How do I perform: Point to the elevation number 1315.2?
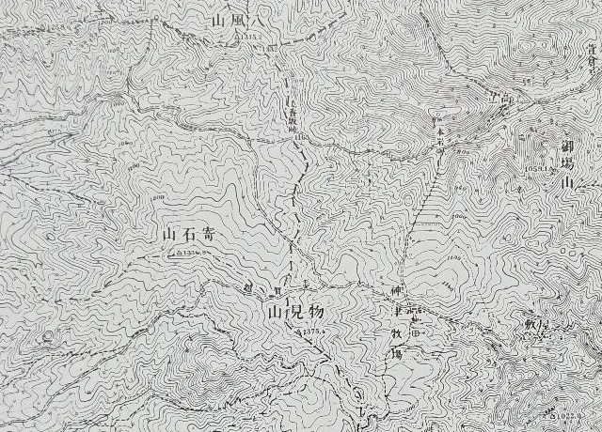pos(249,37)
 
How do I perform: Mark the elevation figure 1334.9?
pos(191,252)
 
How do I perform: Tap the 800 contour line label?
pos(155,196)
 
